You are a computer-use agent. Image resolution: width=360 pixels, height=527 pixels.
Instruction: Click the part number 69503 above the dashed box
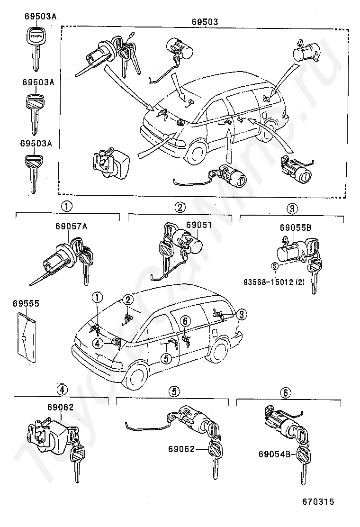tap(205, 22)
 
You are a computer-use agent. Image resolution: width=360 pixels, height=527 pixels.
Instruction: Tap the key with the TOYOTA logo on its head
tap(35, 47)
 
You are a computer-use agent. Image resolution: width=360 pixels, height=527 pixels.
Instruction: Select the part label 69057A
tap(72, 227)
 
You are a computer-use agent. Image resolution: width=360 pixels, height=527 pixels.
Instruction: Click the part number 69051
tap(199, 224)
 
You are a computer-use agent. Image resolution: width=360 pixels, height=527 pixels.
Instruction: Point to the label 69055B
tap(296, 227)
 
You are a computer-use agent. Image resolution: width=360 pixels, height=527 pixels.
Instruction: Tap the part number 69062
tap(60, 407)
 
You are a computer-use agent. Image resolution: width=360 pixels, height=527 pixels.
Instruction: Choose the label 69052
tap(182, 449)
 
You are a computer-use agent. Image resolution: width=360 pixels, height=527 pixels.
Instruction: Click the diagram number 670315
tap(318, 502)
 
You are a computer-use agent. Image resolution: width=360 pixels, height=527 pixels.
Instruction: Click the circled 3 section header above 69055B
tap(292, 209)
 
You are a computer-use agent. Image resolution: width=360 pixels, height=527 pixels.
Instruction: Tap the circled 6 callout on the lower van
tap(185, 321)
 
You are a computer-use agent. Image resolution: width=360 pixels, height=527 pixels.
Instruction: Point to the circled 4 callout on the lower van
tap(98, 343)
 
